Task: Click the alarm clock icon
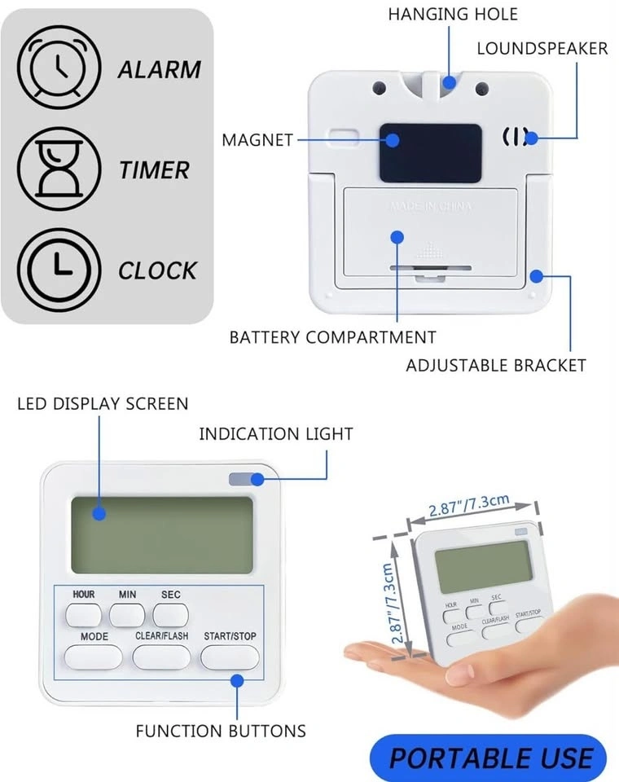point(59,68)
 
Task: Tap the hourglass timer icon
point(59,169)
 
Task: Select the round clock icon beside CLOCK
point(59,270)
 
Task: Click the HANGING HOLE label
point(453,14)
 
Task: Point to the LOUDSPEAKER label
point(542,48)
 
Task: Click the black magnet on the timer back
point(431,153)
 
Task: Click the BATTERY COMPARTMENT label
point(332,337)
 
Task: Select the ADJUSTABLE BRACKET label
point(496,366)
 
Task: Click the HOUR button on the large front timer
point(83,615)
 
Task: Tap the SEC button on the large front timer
point(170,615)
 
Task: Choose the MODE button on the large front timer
point(94,657)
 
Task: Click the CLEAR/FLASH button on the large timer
point(161,657)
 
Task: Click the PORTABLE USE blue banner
point(489,758)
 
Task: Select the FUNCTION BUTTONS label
point(221,731)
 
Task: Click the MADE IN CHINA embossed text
point(431,206)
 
